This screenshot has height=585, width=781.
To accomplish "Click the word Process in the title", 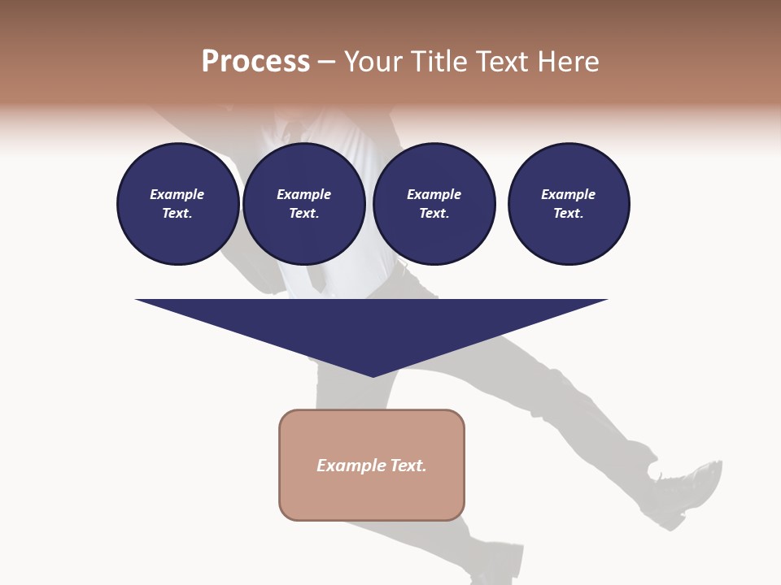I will (x=255, y=62).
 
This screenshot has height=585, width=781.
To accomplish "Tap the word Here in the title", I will (x=569, y=62).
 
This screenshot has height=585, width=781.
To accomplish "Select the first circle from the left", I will (x=178, y=204).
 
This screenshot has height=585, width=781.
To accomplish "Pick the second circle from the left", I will (x=304, y=204).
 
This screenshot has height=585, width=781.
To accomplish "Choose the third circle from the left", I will (x=434, y=204).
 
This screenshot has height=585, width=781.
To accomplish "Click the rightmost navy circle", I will (x=569, y=204).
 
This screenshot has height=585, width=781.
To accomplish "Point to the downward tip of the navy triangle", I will (x=373, y=375).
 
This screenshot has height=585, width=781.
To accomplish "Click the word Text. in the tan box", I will (x=408, y=466).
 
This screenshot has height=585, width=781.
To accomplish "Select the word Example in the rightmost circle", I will (x=569, y=194).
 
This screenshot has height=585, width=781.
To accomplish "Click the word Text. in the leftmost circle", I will (x=177, y=214).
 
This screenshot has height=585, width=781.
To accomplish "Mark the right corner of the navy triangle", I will (x=606, y=301).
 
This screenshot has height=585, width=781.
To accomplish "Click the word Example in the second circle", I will (x=304, y=194).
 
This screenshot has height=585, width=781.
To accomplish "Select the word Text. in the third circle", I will (x=434, y=214).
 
